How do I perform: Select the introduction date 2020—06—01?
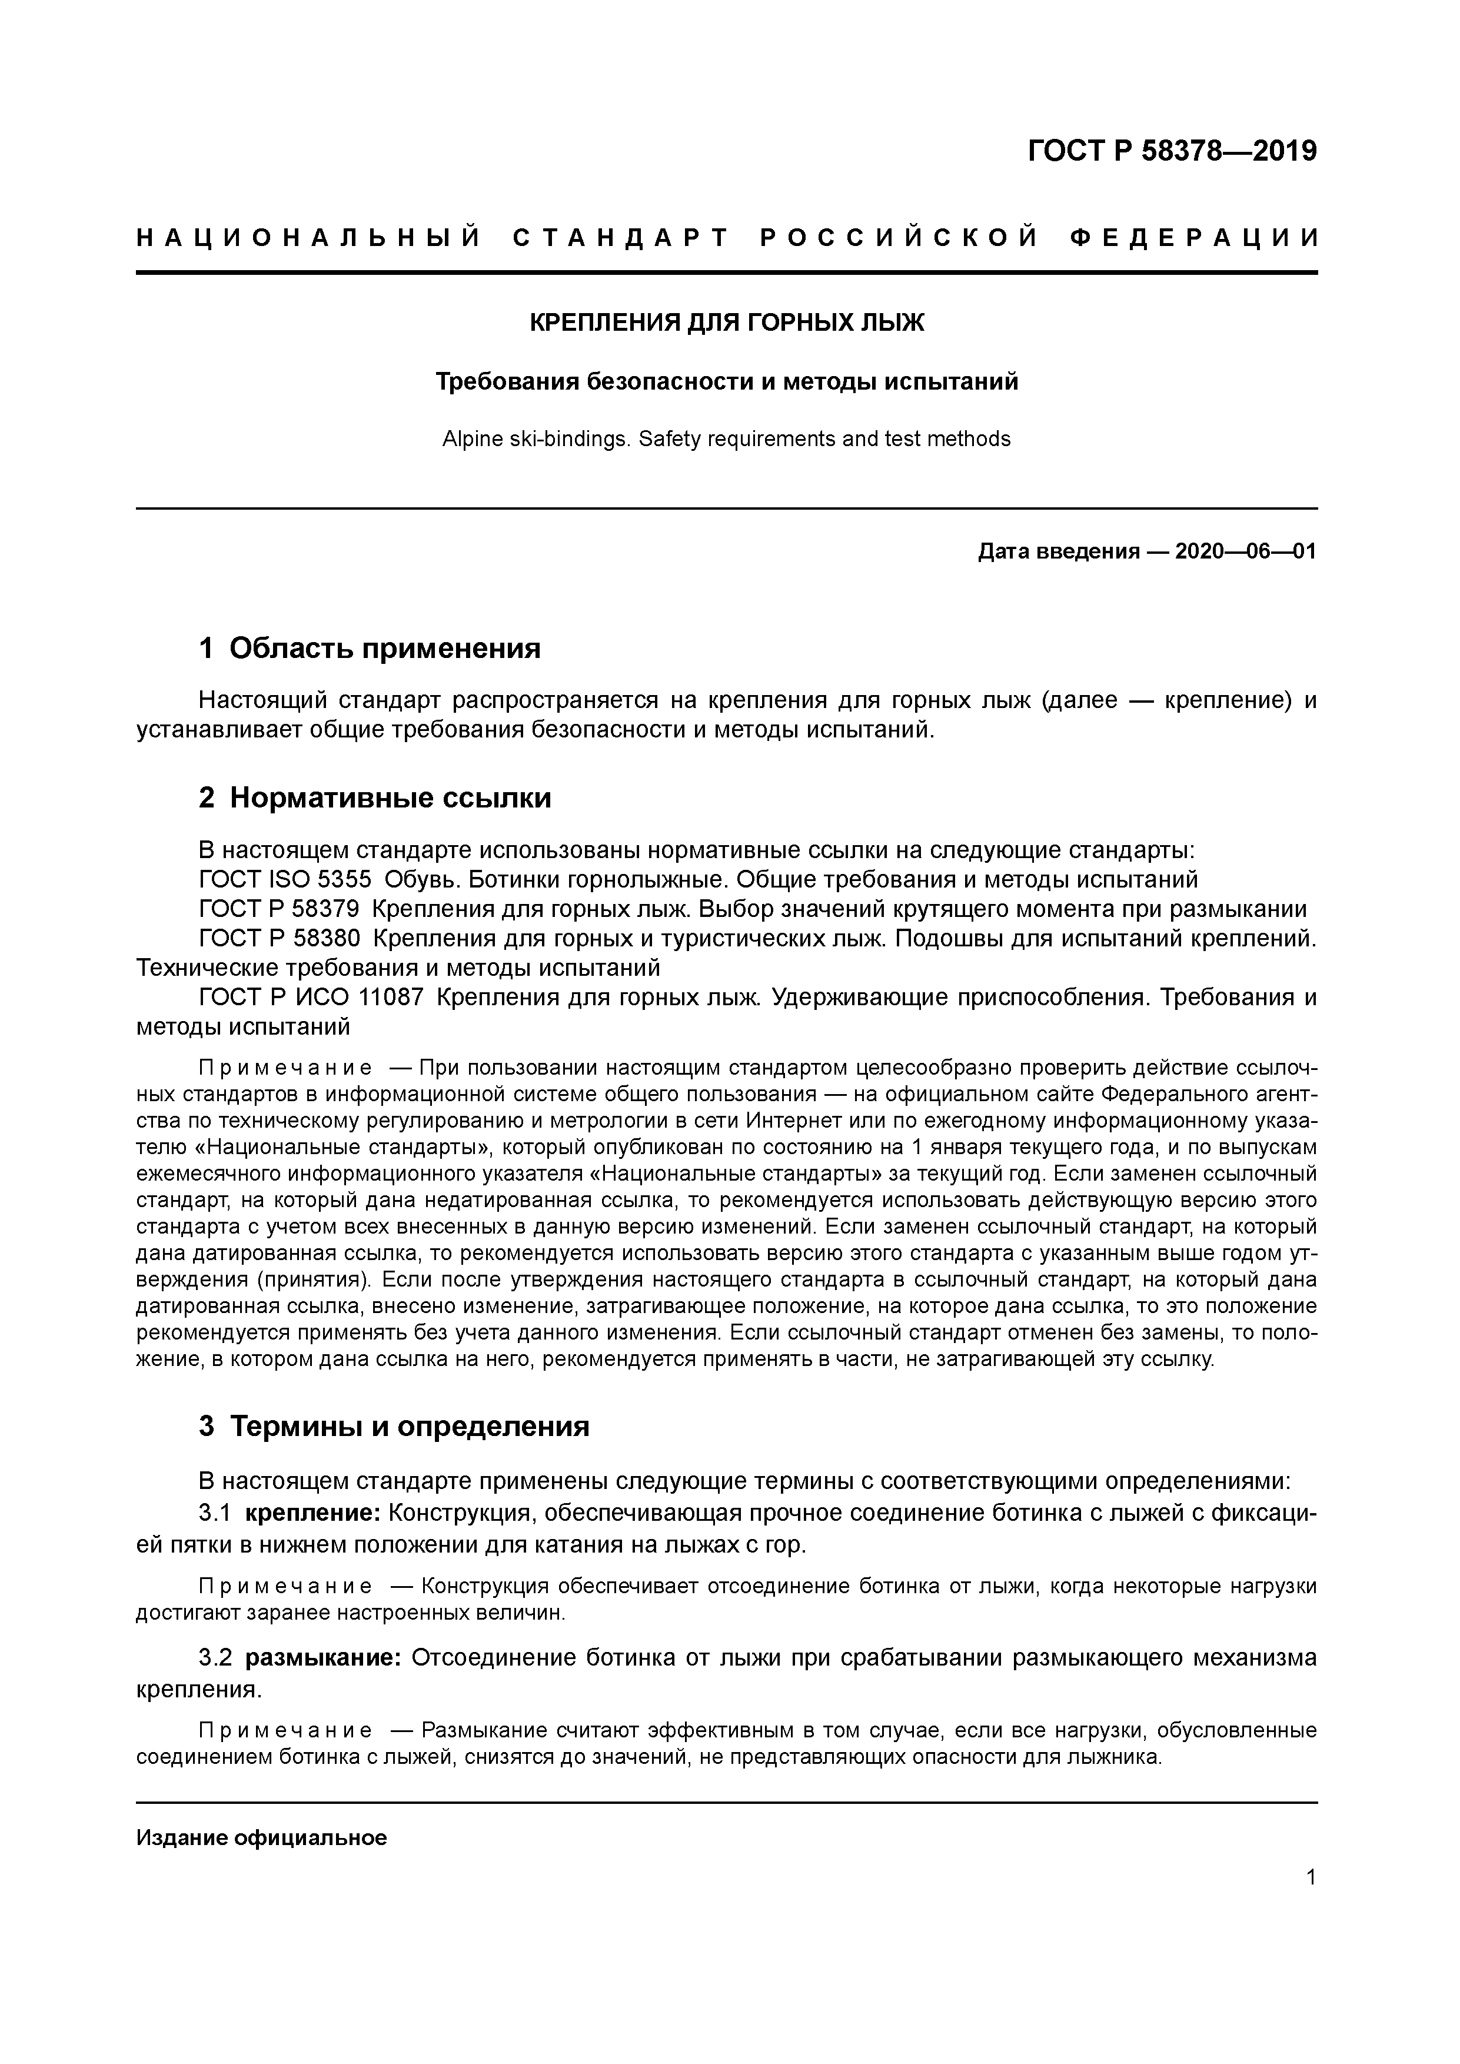point(1245,551)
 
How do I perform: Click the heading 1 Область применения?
point(370,647)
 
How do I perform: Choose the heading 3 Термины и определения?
point(394,1426)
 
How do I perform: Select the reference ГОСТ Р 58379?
point(279,909)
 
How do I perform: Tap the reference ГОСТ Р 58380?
point(279,939)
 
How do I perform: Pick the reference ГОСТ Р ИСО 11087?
point(310,997)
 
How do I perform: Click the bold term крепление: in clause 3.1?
point(314,1513)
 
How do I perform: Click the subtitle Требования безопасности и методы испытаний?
point(726,382)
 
